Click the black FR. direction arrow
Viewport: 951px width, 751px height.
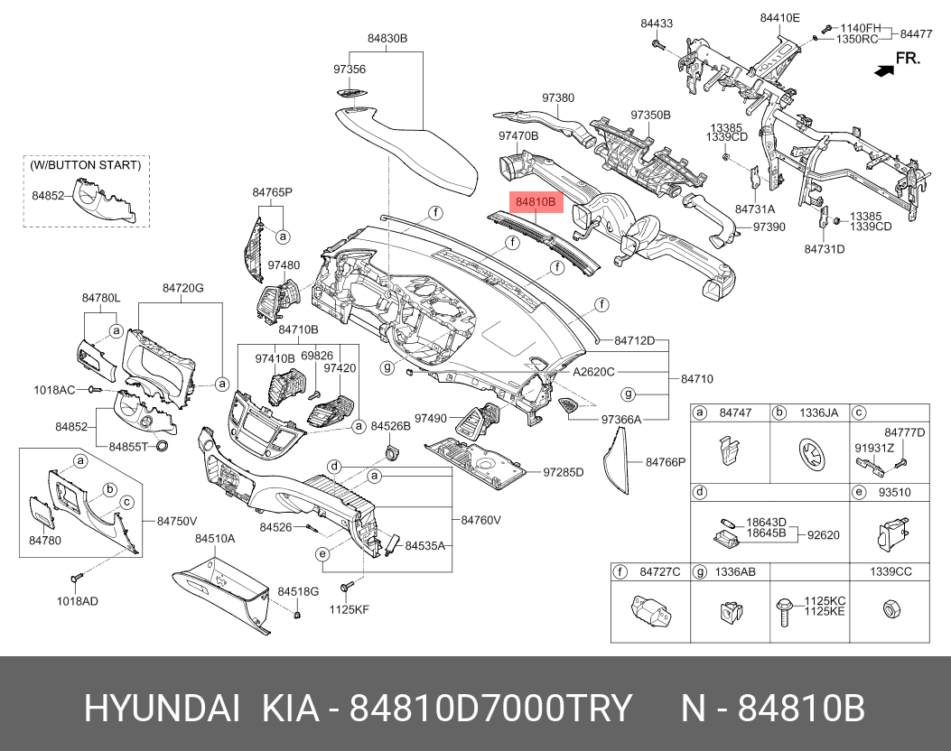coord(884,70)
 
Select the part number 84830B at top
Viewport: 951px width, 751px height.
coord(387,38)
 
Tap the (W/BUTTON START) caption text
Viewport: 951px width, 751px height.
coord(86,165)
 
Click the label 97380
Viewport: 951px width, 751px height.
coord(558,97)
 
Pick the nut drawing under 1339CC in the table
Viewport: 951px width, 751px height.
coord(890,608)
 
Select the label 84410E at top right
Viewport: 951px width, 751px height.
coord(780,18)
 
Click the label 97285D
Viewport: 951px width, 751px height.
coord(563,471)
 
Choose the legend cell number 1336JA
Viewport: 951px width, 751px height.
coord(818,413)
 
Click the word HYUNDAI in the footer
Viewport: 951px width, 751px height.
coord(162,708)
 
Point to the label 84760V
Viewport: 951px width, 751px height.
coord(481,520)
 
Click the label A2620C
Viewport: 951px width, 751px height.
coord(593,372)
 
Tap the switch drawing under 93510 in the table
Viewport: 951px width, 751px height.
coord(890,534)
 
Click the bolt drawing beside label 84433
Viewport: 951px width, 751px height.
coord(658,44)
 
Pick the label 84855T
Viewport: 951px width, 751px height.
coord(128,447)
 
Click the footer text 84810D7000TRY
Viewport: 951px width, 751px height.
coord(490,708)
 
